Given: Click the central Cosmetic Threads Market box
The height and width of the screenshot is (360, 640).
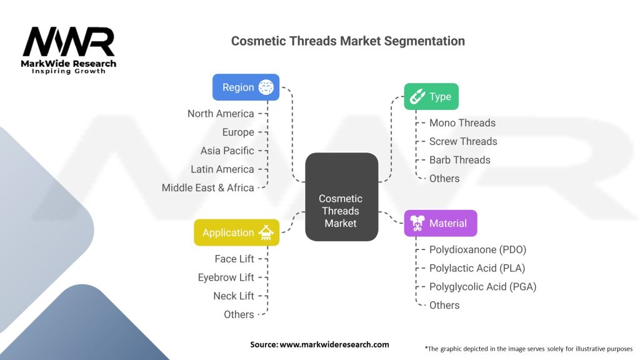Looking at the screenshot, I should [x=341, y=197].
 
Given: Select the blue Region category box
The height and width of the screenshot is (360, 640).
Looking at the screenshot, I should [x=246, y=87].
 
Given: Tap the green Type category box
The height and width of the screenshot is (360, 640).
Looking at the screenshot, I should [x=431, y=97].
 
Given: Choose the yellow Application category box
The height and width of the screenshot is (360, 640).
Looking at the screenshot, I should [x=236, y=232].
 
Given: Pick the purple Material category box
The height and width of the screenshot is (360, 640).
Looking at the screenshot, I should [x=440, y=223].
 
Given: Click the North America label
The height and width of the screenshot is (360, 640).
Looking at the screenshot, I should [x=221, y=114].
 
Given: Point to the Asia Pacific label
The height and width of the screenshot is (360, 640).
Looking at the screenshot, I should [x=227, y=151].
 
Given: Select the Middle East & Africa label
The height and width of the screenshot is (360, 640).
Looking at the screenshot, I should [x=207, y=187].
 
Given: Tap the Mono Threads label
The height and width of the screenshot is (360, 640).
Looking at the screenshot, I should [x=462, y=123].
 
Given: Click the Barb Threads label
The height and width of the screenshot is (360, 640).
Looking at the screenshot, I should [x=459, y=160].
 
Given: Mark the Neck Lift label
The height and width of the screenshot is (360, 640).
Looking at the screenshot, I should [x=233, y=296].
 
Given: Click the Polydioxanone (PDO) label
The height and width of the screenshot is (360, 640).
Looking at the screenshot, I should [x=477, y=250].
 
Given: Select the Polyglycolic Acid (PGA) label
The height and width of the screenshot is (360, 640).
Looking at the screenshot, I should [x=482, y=287].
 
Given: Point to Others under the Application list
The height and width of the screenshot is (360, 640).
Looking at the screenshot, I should [x=239, y=314].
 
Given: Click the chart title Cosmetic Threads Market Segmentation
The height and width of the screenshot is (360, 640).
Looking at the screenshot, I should [x=347, y=41].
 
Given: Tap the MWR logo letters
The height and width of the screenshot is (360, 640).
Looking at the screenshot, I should [x=69, y=42].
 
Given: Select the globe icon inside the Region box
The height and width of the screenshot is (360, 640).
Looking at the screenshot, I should [x=267, y=87].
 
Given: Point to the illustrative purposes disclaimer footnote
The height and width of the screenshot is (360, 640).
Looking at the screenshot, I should [x=528, y=348].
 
